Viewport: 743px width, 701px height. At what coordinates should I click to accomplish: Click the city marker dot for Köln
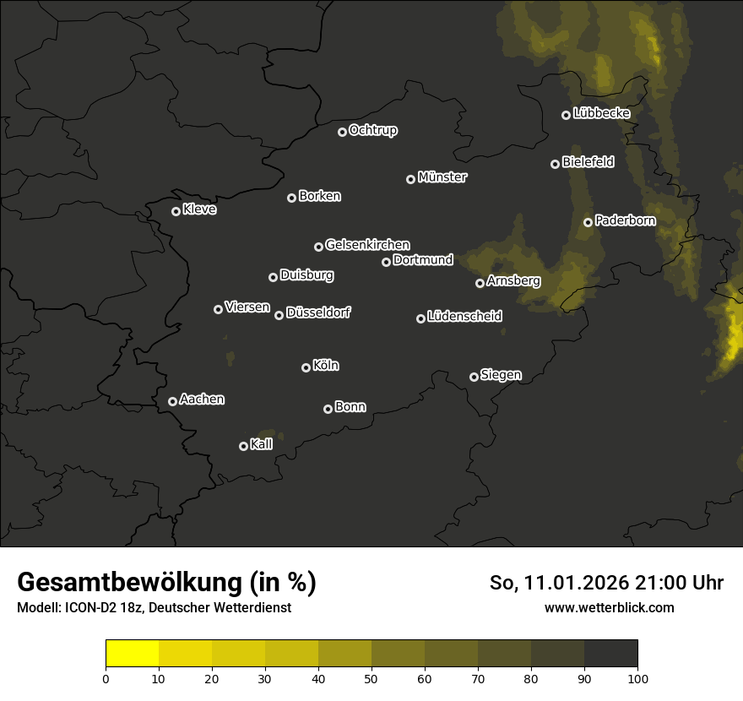coord(306,367)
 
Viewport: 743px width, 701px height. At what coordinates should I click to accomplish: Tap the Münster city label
coord(442,177)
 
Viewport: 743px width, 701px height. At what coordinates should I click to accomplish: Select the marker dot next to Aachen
coord(172,401)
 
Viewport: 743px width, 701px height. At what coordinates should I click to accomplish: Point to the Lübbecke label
coord(601,113)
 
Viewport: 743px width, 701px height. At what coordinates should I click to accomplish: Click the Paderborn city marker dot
coord(588,222)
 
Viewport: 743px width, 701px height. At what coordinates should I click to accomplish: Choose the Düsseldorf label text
coord(318,312)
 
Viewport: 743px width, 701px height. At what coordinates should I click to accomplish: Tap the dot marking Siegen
coord(474,377)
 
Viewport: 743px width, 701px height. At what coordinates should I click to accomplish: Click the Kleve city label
coord(199,209)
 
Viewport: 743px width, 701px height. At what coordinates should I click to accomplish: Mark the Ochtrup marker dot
coord(342,132)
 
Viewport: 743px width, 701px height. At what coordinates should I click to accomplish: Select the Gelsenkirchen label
coord(367,245)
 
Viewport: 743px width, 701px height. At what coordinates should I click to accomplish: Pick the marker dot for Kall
coord(243,446)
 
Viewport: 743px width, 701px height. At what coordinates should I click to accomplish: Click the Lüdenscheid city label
coord(464,317)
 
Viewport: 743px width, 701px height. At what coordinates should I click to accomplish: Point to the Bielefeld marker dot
coord(555,164)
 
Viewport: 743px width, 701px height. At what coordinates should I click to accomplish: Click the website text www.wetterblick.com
coord(609,607)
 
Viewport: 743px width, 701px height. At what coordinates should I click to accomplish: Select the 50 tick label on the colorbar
coord(371,678)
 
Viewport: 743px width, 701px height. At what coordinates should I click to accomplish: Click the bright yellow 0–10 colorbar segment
coord(133,654)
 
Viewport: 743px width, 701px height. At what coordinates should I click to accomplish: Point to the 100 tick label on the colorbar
coord(637,678)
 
